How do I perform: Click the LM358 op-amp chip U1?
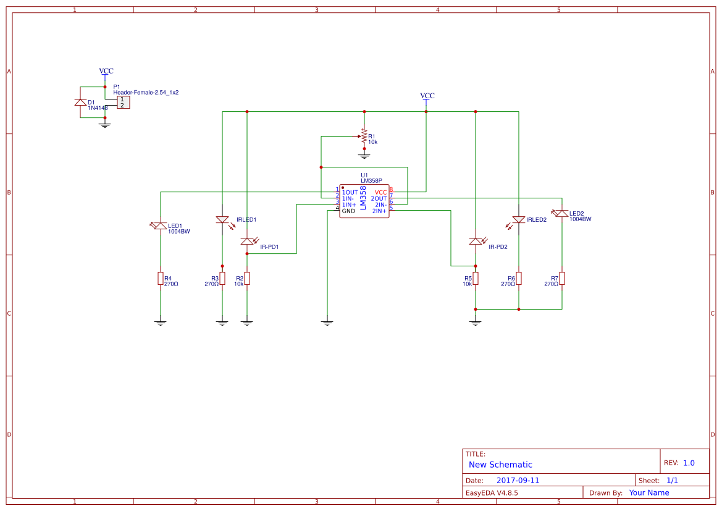point(364,201)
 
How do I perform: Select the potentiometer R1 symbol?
point(364,135)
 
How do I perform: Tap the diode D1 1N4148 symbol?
point(80,102)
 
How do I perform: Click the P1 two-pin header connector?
point(123,102)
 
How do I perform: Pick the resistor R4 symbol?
point(161,279)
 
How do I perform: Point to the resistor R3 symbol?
point(222,279)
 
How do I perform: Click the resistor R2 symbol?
point(247,279)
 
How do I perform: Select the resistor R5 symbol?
point(476,279)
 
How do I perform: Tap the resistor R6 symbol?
point(519,279)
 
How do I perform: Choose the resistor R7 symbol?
point(562,279)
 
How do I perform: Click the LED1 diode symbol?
point(161,226)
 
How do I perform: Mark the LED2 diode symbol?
point(561,214)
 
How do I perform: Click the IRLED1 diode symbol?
point(222,220)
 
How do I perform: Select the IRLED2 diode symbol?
point(519,220)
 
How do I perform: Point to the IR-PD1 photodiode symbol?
point(247,241)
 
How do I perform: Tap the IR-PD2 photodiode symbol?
point(476,241)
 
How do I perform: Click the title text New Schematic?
point(500,465)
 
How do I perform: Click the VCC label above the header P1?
point(106,71)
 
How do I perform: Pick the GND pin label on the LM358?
point(348,211)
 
